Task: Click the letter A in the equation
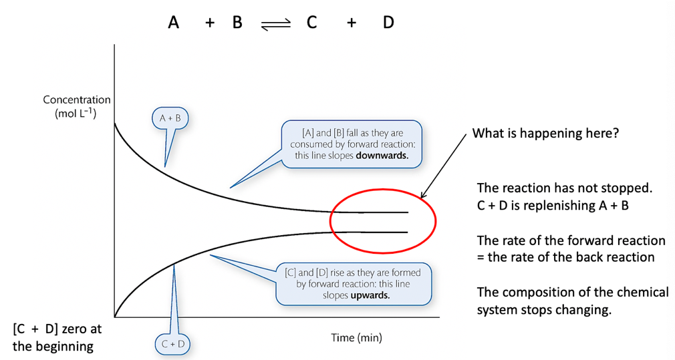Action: [x=174, y=23]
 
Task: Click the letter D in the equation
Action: [x=388, y=23]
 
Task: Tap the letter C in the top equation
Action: [x=311, y=23]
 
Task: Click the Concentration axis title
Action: [x=77, y=100]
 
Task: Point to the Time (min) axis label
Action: [x=357, y=337]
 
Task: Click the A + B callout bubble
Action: [x=170, y=119]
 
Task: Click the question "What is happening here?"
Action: [x=545, y=134]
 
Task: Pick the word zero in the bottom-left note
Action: [x=79, y=330]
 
